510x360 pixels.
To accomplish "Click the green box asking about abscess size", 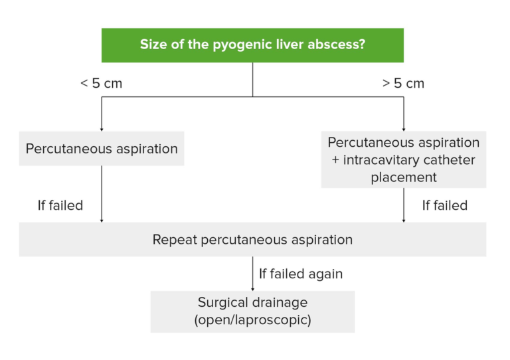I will pos(252,45).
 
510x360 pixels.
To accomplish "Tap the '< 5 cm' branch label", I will pos(101,84).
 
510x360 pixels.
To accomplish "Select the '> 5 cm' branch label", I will pos(403,84).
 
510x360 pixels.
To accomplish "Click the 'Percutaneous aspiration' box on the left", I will pos(102,148).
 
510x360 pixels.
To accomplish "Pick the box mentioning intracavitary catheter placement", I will pos(403,160).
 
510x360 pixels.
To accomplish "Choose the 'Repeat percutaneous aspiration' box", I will pos(252,239).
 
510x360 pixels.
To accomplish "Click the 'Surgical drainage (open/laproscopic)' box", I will pos(252,311).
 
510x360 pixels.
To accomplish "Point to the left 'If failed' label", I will pos(60,205).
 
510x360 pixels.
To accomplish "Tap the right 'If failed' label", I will pos(445,205).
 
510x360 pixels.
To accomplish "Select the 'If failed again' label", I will pos(301,274).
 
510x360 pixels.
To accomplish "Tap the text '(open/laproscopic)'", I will pos(252,319).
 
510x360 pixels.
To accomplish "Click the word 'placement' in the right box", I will pos(403,177).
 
